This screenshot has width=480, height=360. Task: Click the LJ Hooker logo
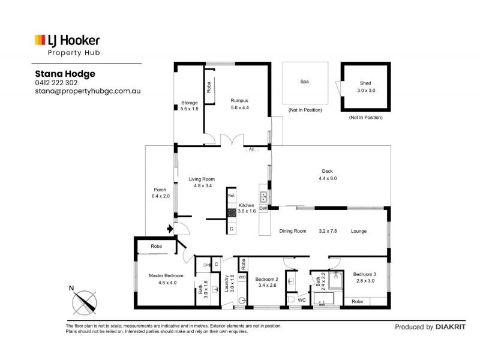(x=67, y=41)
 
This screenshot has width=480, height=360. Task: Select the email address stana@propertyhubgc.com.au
(x=88, y=91)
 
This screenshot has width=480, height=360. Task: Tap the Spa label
(x=304, y=82)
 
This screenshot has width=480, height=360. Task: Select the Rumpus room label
(x=239, y=100)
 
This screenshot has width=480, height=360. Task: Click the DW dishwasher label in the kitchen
(x=263, y=208)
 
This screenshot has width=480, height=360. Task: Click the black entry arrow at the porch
(x=170, y=228)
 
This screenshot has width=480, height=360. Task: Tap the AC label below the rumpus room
(x=252, y=149)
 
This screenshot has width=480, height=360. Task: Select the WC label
(x=302, y=299)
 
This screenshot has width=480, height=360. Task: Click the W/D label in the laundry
(x=242, y=277)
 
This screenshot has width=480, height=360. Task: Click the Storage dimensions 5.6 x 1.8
(x=189, y=109)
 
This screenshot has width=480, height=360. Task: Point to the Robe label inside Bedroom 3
(x=357, y=301)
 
